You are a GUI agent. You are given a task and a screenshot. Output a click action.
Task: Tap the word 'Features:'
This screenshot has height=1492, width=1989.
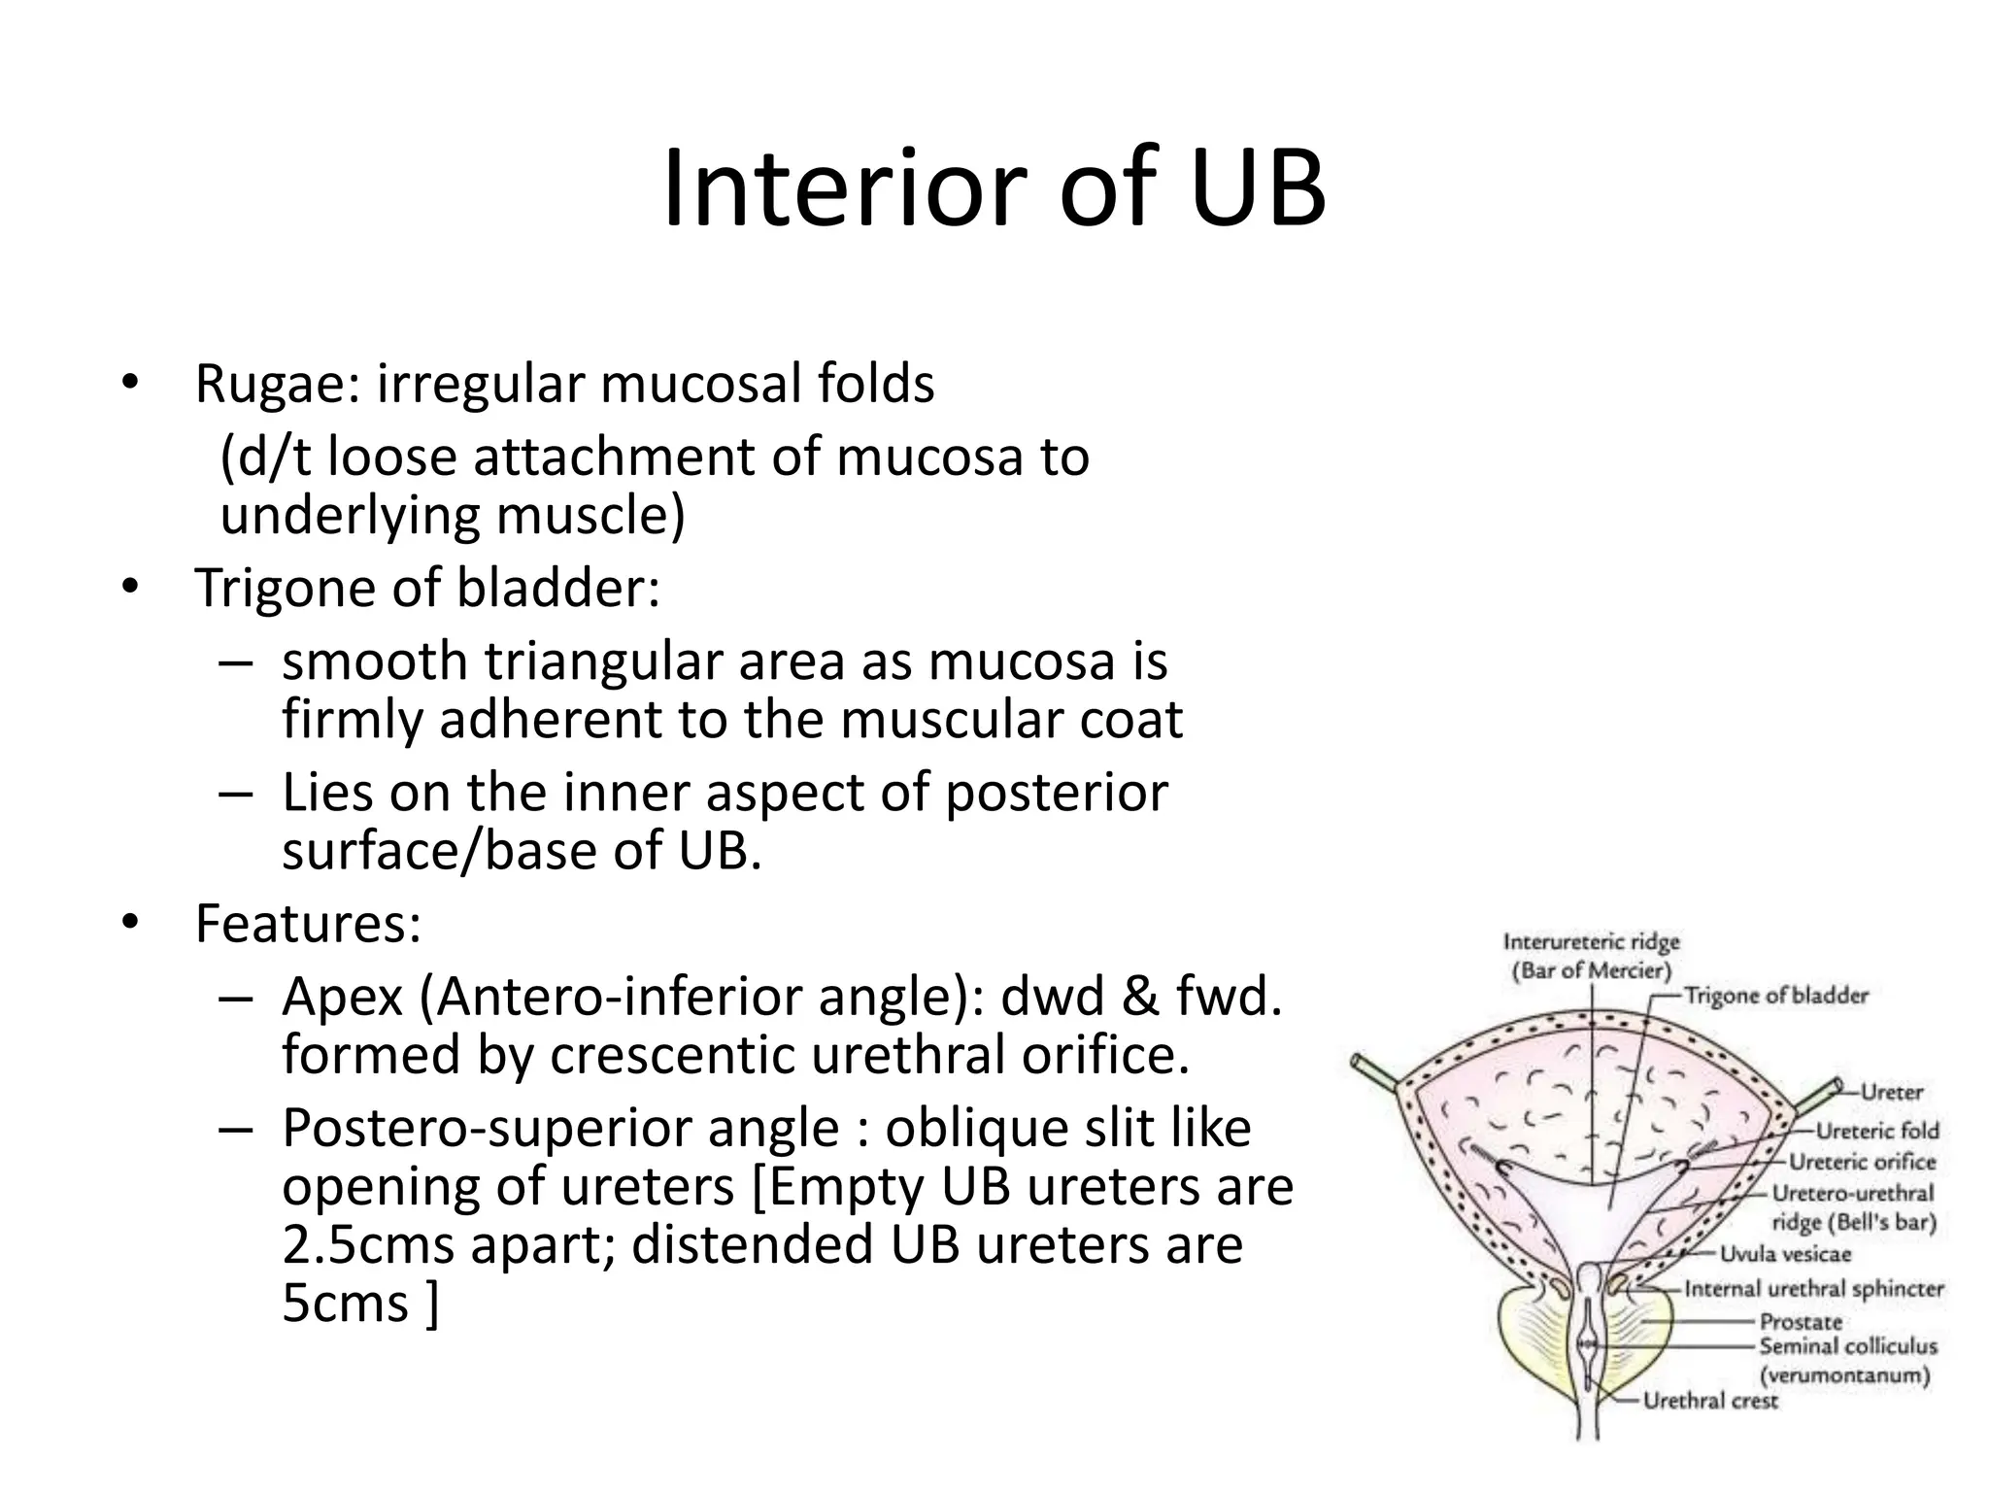(308, 923)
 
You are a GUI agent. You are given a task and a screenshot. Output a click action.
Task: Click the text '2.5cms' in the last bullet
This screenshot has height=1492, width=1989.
(368, 1245)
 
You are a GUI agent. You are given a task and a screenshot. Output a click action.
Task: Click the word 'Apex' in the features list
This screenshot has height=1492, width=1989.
(342, 997)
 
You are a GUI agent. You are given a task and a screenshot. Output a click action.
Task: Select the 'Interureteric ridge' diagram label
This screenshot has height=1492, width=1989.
(1591, 942)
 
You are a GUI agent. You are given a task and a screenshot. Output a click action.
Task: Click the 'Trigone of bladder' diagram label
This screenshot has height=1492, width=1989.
(1775, 996)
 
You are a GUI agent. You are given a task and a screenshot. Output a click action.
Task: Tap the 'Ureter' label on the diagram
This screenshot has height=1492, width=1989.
(1891, 1092)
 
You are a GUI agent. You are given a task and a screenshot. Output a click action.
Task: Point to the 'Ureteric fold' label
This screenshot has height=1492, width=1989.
(1876, 1131)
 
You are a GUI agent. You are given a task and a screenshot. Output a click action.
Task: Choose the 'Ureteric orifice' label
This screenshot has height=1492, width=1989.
(1862, 1162)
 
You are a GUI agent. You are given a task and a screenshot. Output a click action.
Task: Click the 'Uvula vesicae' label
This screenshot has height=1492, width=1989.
(1785, 1254)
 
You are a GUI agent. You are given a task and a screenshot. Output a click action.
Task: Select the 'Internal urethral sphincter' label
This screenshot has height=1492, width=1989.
(1813, 1289)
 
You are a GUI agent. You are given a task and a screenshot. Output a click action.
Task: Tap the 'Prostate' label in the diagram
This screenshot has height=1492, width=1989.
(1801, 1322)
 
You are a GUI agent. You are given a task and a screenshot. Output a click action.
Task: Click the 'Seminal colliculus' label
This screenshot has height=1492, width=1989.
(1847, 1346)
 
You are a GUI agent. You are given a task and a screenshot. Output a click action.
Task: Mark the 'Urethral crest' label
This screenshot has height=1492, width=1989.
(1709, 1401)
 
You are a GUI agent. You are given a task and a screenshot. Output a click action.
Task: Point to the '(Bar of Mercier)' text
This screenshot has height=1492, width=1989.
(1591, 970)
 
